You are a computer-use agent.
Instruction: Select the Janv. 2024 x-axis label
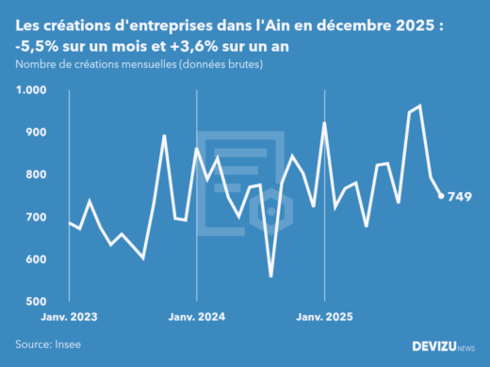[196, 318]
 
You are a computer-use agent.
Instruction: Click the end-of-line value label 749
[460, 197]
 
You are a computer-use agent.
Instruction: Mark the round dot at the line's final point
[441, 196]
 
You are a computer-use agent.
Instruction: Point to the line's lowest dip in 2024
[270, 276]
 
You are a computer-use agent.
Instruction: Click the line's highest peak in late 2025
[419, 105]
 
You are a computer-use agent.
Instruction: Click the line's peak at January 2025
[324, 122]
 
